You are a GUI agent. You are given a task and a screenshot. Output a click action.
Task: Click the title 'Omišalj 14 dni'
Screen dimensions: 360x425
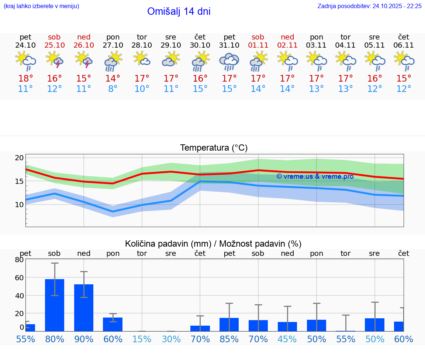tap(179, 11)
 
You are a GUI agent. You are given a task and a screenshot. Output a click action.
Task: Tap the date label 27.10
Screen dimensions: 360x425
tap(113, 45)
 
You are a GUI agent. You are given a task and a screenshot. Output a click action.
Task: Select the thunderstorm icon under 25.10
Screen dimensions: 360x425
tap(55, 60)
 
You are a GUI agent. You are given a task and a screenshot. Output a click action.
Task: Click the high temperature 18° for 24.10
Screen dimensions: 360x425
tap(25, 78)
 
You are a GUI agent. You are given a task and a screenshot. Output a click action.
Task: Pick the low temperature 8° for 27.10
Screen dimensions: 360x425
tap(113, 89)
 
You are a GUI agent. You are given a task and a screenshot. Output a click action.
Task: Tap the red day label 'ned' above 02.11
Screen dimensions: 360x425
tap(287, 37)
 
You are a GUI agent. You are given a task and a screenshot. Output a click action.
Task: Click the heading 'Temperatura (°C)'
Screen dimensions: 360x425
tap(214, 148)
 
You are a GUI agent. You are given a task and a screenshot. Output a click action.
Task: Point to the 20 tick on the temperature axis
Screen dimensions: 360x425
tap(19, 158)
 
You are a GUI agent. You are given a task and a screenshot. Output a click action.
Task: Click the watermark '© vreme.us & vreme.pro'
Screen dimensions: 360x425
tap(315, 176)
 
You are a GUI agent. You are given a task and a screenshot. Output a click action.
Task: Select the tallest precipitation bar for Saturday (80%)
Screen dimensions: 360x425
tap(55, 305)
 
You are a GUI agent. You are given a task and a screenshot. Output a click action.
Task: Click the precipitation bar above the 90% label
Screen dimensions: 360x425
tap(84, 308)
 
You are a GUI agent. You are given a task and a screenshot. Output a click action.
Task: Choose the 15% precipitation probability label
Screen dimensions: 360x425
tap(142, 339)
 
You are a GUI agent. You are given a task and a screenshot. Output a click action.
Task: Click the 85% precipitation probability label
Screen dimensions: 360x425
tap(229, 339)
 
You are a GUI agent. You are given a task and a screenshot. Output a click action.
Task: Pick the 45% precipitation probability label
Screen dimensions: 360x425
tap(287, 339)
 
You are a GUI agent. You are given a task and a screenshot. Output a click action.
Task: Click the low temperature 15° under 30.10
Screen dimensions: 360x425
tap(200, 89)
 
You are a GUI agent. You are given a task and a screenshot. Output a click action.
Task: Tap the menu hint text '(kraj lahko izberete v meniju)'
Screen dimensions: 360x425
tap(41, 6)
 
